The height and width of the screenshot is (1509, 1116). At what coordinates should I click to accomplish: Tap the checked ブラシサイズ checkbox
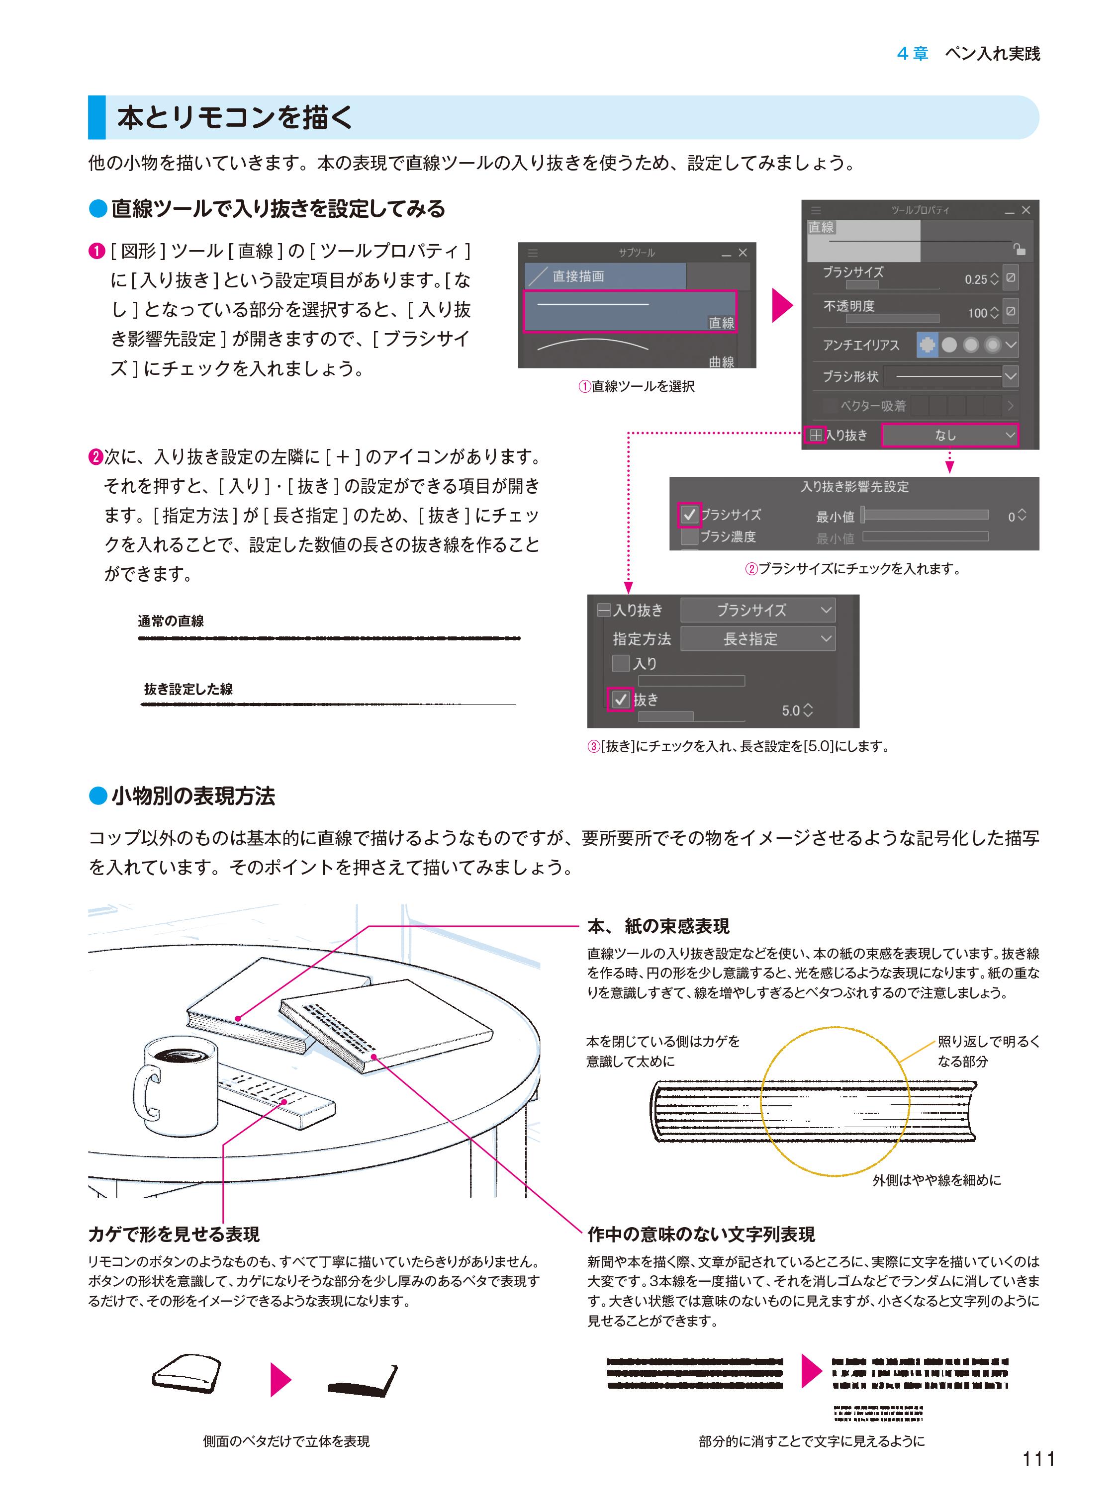pos(689,515)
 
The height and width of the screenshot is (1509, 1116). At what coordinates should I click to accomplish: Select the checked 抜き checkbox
pos(621,699)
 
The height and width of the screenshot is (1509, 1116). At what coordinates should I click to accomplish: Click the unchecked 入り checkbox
pos(620,663)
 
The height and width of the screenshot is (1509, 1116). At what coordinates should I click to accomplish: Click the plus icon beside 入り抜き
pos(816,435)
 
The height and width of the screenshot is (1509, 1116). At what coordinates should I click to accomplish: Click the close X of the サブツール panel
pos(743,253)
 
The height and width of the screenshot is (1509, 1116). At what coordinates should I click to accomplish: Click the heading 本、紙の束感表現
pos(658,926)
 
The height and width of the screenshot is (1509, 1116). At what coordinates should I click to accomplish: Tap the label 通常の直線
pos(171,621)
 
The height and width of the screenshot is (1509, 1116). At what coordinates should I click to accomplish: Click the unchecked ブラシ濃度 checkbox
pos(689,537)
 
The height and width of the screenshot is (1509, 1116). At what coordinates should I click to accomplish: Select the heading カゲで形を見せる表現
pos(174,1235)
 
